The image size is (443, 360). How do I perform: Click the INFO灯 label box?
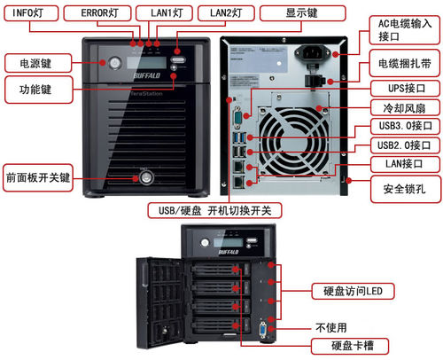[31, 13]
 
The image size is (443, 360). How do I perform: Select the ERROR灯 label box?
[97, 13]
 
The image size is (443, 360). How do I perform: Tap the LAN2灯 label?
[226, 13]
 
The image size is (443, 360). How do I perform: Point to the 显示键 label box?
[302, 13]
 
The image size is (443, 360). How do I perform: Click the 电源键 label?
[38, 63]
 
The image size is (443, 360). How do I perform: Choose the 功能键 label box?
[39, 90]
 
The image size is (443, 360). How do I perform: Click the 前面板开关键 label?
[38, 178]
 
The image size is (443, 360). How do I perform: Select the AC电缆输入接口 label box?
[405, 30]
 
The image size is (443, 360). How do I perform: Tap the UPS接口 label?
[405, 88]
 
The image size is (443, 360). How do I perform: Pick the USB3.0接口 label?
[405, 126]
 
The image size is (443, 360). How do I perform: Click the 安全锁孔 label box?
[405, 189]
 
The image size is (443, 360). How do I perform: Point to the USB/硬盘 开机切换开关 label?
[214, 210]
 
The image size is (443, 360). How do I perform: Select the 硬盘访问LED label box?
[353, 291]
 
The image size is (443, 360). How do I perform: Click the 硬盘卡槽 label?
[350, 346]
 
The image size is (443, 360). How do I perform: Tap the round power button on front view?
[115, 63]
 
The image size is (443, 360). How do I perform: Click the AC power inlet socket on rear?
[312, 53]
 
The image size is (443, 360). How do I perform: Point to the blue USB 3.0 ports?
[239, 137]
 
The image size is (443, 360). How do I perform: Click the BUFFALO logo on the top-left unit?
[146, 75]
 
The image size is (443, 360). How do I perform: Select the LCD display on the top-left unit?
[146, 62]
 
